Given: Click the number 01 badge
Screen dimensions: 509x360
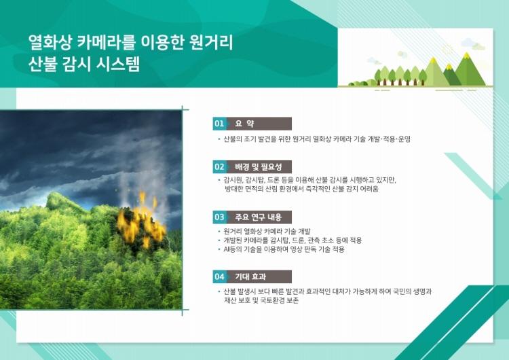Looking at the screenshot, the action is click(x=219, y=124).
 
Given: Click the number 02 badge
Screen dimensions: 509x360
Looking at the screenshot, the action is click(x=219, y=167).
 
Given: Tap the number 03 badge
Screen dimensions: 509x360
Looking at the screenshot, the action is click(x=219, y=217).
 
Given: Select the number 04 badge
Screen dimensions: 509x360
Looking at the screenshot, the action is click(x=219, y=277).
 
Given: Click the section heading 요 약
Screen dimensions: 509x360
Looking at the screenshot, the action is click(x=244, y=124).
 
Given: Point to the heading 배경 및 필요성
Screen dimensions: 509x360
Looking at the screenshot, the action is click(x=259, y=167).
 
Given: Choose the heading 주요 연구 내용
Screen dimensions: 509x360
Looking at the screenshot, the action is click(x=259, y=217).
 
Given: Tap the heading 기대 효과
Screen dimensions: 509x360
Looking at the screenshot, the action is click(x=250, y=277).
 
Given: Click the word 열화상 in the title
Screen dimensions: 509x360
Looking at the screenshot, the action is click(x=50, y=43).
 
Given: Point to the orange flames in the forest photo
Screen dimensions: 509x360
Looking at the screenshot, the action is click(x=141, y=221).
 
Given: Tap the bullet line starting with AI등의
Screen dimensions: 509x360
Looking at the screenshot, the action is click(x=284, y=249).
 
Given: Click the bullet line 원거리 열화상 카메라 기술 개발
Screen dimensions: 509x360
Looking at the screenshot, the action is click(x=267, y=232).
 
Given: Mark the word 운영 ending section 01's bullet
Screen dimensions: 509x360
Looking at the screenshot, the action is click(x=404, y=139).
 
